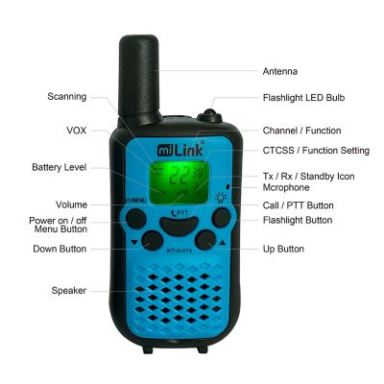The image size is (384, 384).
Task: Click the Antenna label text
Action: point(280,71)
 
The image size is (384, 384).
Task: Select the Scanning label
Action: point(67,96)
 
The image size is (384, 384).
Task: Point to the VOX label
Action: point(76,130)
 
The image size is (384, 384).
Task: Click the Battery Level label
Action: point(60,166)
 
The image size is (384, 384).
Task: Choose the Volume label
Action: point(71,204)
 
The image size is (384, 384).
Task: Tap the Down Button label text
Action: point(60,250)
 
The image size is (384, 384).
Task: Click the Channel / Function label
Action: point(301,130)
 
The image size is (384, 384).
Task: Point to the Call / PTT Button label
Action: point(298,204)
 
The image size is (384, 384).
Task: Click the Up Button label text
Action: point(283,249)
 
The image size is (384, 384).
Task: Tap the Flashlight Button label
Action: point(299,220)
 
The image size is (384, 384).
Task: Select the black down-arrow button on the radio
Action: point(149,241)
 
